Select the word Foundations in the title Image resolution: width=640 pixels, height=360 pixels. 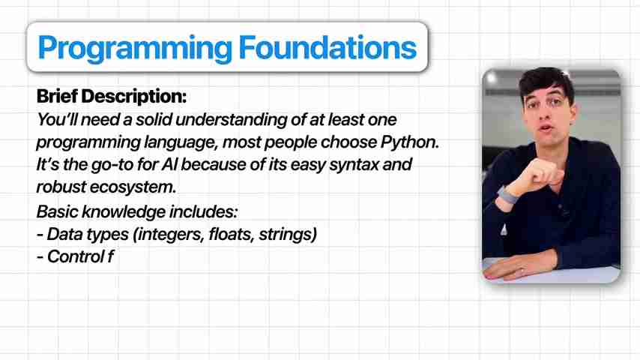click(327, 47)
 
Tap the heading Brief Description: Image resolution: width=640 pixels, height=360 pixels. click(112, 97)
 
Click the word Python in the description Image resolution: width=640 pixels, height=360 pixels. click(409, 142)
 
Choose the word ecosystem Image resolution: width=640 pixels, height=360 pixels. click(133, 187)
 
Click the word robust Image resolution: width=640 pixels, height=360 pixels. click(61, 187)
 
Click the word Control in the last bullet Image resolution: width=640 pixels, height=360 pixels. click(75, 256)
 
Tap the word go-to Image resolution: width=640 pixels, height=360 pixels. click(112, 165)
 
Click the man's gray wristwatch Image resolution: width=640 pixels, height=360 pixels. click(507, 194)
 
